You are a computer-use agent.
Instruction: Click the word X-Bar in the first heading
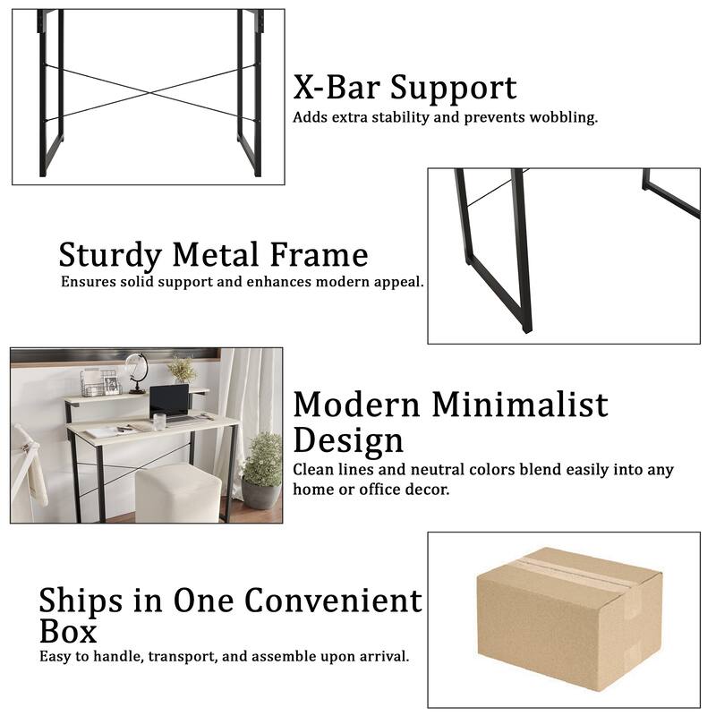tap(339, 88)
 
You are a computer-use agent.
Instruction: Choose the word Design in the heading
tap(348, 440)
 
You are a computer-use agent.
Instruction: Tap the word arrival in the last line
tap(382, 656)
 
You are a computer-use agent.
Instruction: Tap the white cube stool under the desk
tap(177, 493)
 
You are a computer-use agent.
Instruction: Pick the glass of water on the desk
tap(158, 422)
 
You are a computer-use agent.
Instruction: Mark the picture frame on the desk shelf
tap(112, 385)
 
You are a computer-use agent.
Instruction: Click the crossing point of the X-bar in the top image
tap(150, 92)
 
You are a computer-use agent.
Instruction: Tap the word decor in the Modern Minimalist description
tap(427, 490)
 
